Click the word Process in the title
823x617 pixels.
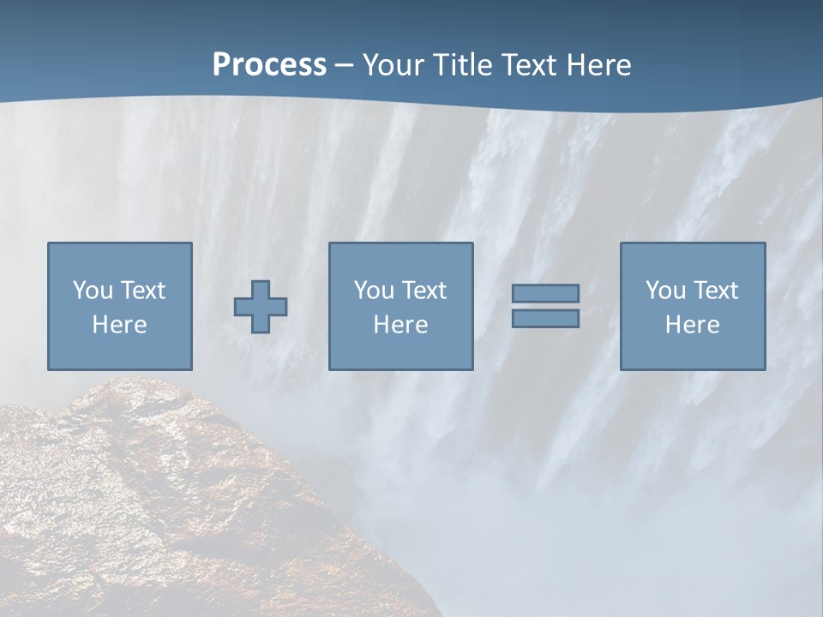tap(269, 64)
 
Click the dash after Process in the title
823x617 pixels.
tap(344, 66)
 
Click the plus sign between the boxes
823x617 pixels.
tap(261, 307)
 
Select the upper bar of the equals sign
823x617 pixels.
tap(545, 294)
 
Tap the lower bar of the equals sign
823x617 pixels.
tap(545, 319)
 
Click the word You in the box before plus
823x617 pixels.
tap(93, 291)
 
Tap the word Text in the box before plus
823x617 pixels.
tap(142, 291)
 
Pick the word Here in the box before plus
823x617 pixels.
tap(119, 325)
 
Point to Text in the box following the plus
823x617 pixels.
tap(424, 291)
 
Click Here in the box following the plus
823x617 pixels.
tap(400, 325)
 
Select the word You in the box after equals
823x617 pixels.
tap(665, 291)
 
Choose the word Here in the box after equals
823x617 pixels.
tap(692, 325)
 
